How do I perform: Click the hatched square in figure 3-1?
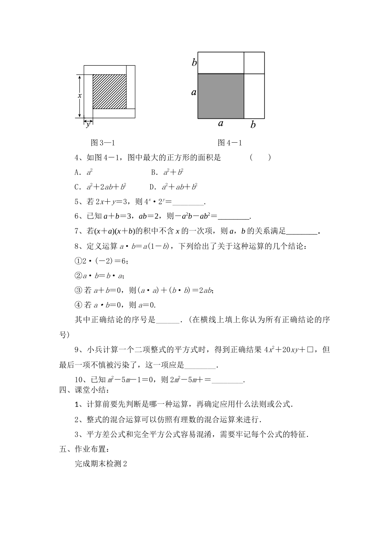tap(109, 91)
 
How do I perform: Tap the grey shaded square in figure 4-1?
tap(221, 96)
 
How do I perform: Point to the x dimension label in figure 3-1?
tap(80, 95)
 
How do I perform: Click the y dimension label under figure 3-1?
tap(88, 125)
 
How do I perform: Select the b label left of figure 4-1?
tap(194, 62)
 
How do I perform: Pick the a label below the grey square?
tap(221, 123)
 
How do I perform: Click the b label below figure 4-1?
tap(253, 124)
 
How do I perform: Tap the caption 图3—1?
tap(102, 143)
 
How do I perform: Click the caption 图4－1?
tap(230, 143)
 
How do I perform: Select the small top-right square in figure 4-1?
tap(254, 63)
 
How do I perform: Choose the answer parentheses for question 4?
tap(260, 157)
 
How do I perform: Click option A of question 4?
tap(84, 172)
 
